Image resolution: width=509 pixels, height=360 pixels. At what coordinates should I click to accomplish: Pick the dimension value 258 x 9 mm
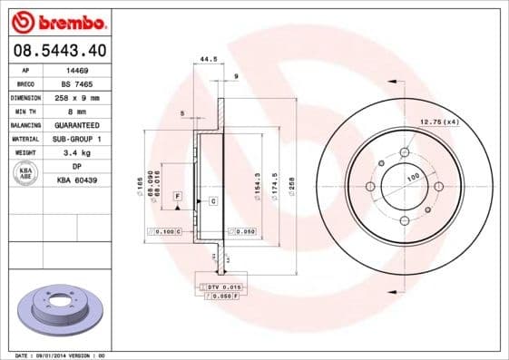77,96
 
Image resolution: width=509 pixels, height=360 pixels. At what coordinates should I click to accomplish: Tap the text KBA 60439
77,180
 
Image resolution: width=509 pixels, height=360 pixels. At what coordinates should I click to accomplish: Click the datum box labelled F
177,196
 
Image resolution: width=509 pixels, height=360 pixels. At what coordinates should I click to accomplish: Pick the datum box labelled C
212,200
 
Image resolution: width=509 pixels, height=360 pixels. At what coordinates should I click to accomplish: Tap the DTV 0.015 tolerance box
217,287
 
